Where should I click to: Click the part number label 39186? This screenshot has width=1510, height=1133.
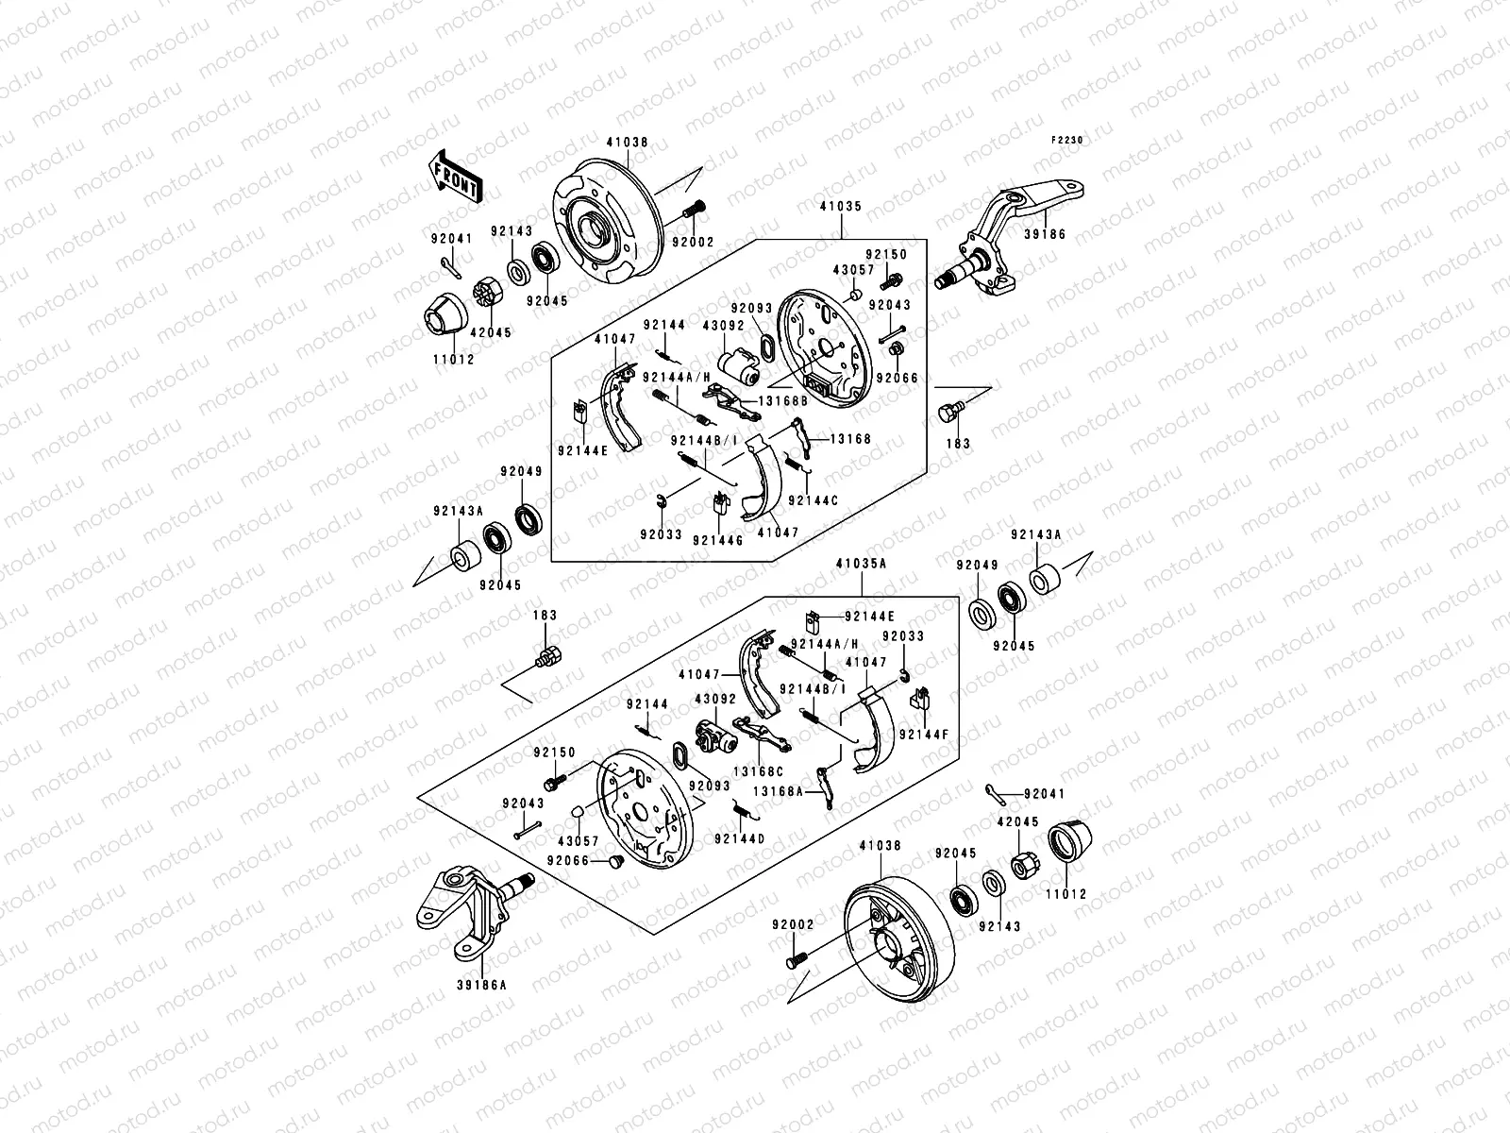[x=1044, y=233]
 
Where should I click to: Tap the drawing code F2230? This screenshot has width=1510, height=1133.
[x=1068, y=140]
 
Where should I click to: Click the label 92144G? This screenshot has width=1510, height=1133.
[x=717, y=540]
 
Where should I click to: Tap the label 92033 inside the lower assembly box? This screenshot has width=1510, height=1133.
[x=903, y=636]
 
